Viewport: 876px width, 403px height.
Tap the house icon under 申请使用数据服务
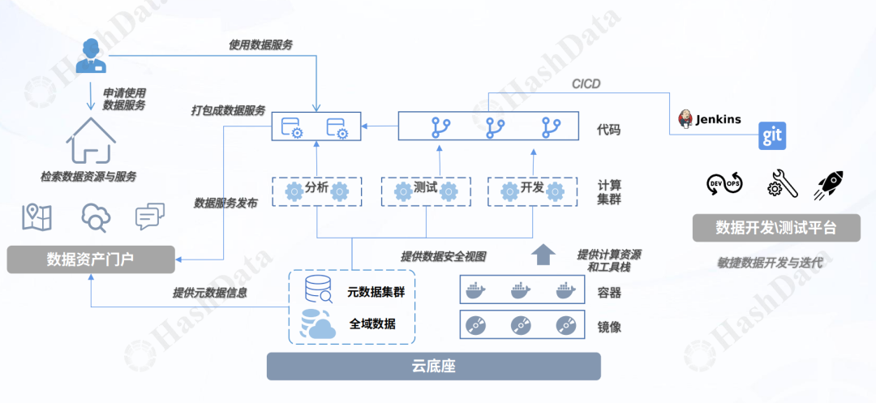click(89, 141)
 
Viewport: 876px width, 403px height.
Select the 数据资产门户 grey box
click(90, 259)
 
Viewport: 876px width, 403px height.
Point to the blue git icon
click(771, 136)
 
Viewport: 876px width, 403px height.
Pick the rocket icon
click(829, 185)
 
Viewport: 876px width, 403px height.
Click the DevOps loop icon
click(724, 185)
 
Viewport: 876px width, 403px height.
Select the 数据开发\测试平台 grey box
click(776, 228)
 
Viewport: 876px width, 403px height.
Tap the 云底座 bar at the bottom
click(433, 367)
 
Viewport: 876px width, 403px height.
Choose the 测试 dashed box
click(426, 190)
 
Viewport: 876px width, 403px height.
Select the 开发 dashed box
click(532, 190)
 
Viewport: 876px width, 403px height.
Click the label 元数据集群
click(375, 292)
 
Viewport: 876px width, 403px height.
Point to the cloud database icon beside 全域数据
click(317, 324)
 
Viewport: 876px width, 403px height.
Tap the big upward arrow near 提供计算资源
click(543, 254)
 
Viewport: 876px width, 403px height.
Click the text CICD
click(586, 84)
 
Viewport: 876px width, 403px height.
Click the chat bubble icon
click(149, 217)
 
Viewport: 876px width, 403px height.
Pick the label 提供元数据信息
click(209, 293)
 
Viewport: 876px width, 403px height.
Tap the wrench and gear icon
click(782, 185)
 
